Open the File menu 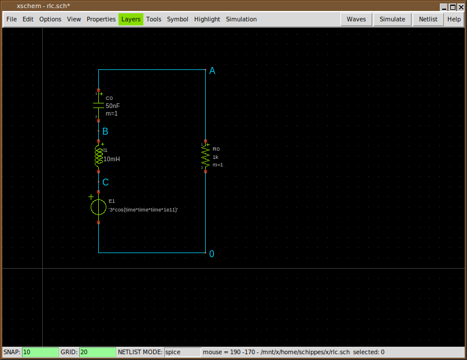pyautogui.click(x=11, y=19)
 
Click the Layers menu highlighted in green pyautogui.click(x=131, y=19)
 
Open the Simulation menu pyautogui.click(x=241, y=19)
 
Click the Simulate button pyautogui.click(x=392, y=19)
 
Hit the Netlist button pyautogui.click(x=428, y=19)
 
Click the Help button pyautogui.click(x=454, y=19)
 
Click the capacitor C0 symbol pyautogui.click(x=99, y=105)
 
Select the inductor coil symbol pyautogui.click(x=99, y=156)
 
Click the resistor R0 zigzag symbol pyautogui.click(x=205, y=155)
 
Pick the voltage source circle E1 pyautogui.click(x=99, y=207)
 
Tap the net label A pyautogui.click(x=212, y=70)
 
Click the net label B pyautogui.click(x=105, y=132)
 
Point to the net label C pyautogui.click(x=105, y=182)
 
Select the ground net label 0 pyautogui.click(x=212, y=254)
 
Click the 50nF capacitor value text pyautogui.click(x=113, y=106)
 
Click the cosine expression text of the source pyautogui.click(x=143, y=209)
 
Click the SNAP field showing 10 pyautogui.click(x=40, y=352)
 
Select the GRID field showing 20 pyautogui.click(x=97, y=352)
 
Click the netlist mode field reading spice pyautogui.click(x=181, y=352)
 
